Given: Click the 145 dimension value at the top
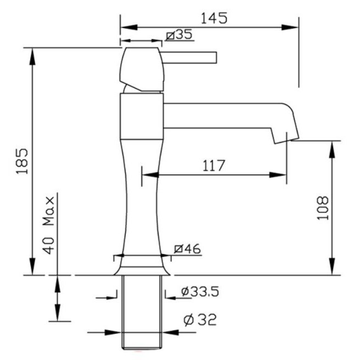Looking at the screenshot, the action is click(214, 18).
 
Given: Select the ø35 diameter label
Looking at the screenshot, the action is click(179, 35).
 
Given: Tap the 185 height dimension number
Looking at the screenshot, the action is click(22, 161).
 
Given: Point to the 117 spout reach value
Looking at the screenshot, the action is click(213, 166).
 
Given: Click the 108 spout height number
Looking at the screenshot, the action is click(323, 208).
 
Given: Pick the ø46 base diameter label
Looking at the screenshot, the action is click(187, 249).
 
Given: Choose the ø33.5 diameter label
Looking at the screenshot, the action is click(200, 291).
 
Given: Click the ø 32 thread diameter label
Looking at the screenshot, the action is click(200, 320).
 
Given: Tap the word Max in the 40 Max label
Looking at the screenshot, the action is click(49, 211).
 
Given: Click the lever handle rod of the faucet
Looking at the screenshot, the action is click(189, 58).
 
